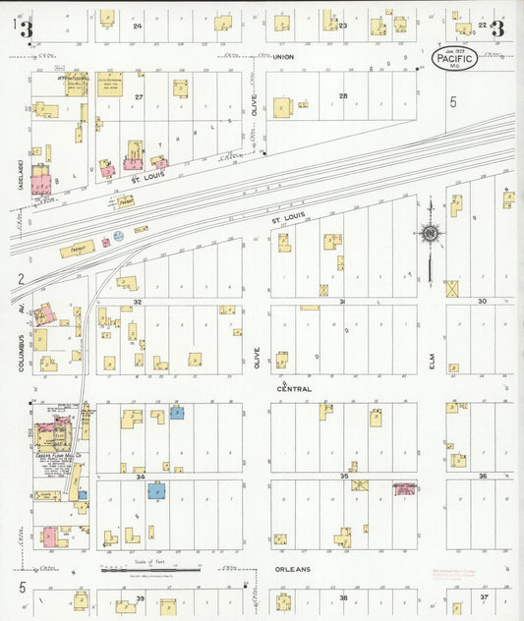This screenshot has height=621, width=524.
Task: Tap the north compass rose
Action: click(430, 234)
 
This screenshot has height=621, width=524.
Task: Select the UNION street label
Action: click(284, 57)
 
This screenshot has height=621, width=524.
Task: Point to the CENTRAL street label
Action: click(294, 389)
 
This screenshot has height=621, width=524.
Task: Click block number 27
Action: click(140, 96)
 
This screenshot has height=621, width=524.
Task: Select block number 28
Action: click(343, 96)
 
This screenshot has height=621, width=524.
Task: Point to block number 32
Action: click(139, 302)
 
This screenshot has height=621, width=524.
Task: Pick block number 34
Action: click(141, 478)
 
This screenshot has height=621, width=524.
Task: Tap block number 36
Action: click(483, 477)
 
